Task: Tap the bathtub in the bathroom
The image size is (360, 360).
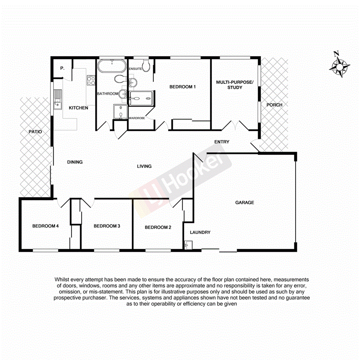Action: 112,66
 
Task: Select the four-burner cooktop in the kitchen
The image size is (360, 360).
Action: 91,80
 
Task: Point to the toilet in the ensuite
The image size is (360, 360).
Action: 146,63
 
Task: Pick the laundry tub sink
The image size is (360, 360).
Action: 188,245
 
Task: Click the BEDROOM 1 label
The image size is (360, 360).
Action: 183,87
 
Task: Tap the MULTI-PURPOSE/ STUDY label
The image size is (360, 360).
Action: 234,85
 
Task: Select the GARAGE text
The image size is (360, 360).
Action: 245,202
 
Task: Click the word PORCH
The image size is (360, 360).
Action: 274,105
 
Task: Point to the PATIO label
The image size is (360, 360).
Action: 35,132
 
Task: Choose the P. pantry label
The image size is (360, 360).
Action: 62,68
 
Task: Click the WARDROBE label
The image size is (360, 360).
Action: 137,118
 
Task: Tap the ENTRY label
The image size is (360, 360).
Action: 222,142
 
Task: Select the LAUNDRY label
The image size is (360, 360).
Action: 200,232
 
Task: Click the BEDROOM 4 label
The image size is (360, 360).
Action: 45,226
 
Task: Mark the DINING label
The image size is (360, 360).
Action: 75,162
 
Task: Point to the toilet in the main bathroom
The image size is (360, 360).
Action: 121,79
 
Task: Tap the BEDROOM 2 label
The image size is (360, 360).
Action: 158,228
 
